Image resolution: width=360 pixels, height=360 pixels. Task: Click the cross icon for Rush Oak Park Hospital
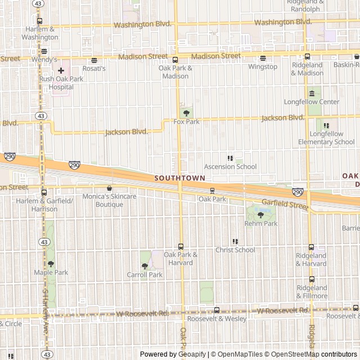coord(61,70)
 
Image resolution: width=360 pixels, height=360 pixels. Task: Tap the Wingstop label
coord(263,66)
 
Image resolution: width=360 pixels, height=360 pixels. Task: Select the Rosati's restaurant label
coord(94,68)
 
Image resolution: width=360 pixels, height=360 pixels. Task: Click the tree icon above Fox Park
coord(186,113)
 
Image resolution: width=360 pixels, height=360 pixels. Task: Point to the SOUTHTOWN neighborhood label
coord(179,178)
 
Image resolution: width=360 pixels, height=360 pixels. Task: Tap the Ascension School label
coord(230,166)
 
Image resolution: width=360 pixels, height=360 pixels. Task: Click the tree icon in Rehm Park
coord(260,215)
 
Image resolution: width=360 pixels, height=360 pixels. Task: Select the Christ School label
coord(235,250)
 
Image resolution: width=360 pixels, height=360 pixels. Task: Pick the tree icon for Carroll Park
coord(145,266)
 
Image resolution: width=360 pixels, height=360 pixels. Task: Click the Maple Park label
coord(51,272)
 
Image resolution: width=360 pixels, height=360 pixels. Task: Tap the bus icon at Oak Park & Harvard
coord(181,246)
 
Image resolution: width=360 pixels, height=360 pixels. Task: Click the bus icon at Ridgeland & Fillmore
coord(312,279)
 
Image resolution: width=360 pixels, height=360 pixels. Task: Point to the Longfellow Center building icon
coord(312,93)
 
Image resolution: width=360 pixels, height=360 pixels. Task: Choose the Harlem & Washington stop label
coord(40,33)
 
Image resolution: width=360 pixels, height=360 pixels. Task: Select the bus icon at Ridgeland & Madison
coord(307,56)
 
